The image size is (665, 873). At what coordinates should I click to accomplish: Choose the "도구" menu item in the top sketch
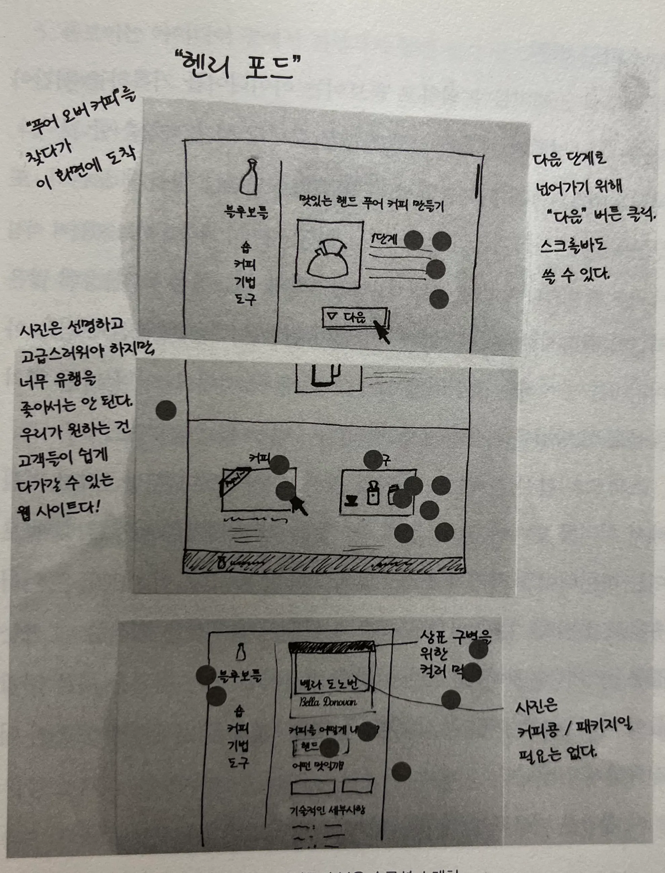tap(245, 299)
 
